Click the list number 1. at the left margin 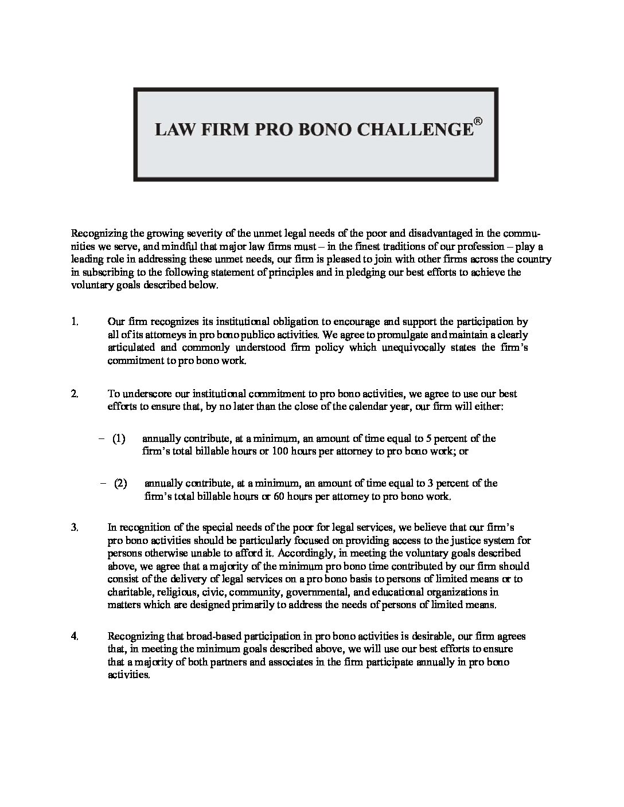point(75,322)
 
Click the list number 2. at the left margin point(75,394)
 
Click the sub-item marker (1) point(119,438)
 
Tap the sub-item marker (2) point(120,483)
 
